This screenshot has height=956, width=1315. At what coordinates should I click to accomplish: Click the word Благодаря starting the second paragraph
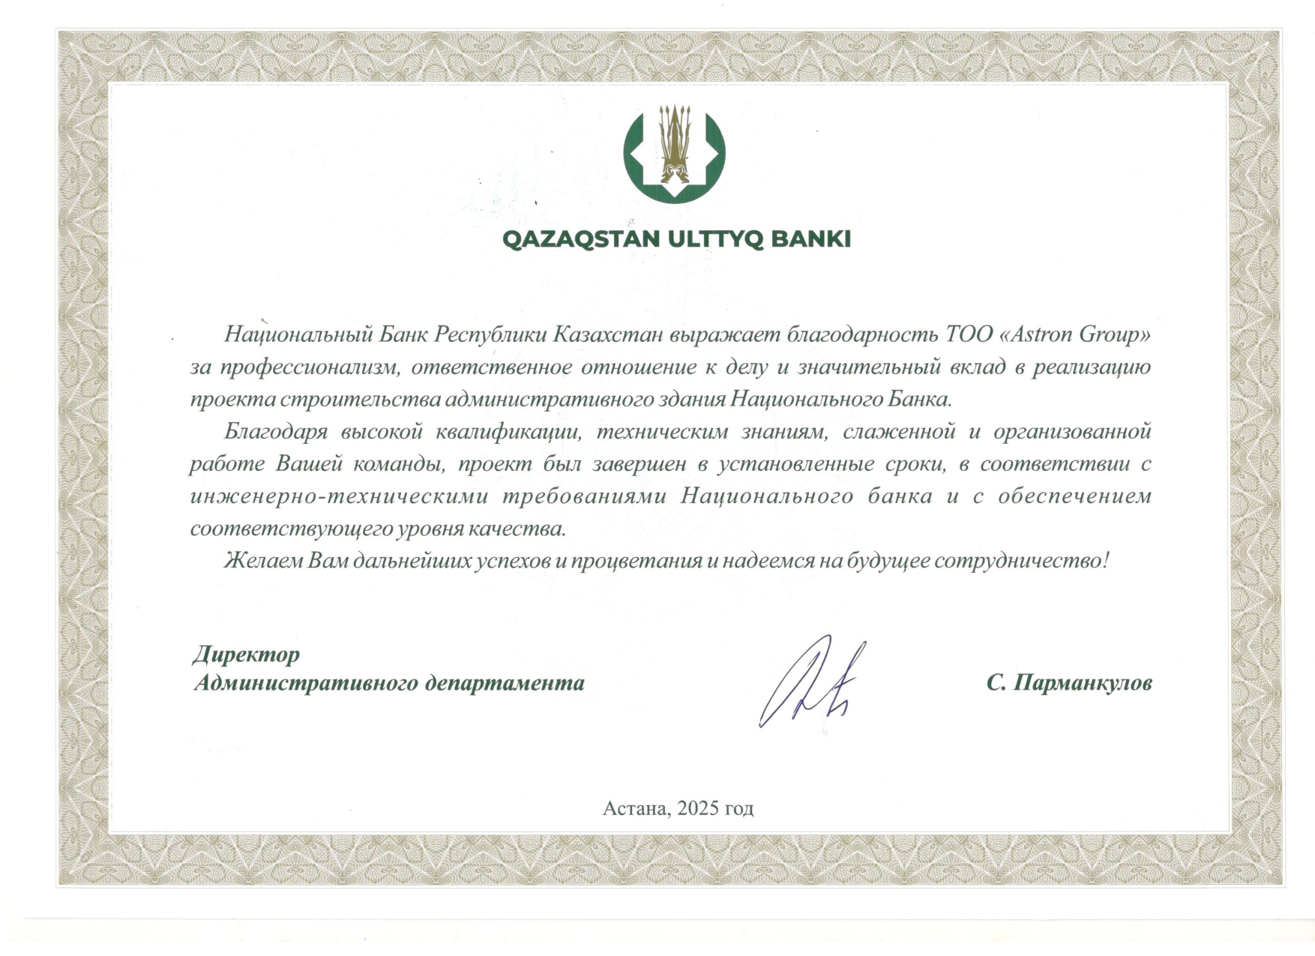276,432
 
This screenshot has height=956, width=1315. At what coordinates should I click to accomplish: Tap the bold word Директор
246,655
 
